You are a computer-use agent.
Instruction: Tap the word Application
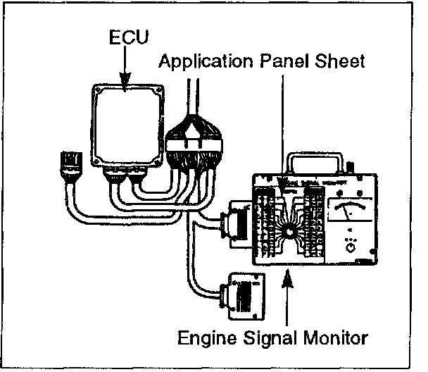click(x=201, y=61)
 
